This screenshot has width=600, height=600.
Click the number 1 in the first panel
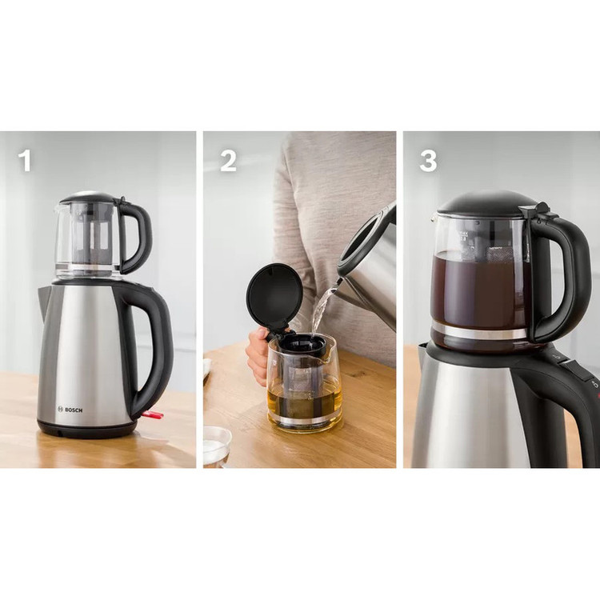[x=25, y=160]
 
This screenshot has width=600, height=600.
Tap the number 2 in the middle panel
[x=228, y=160]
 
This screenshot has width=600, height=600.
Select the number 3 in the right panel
[x=428, y=161]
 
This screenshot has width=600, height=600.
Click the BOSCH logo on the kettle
[x=70, y=410]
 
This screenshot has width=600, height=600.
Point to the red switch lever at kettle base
[x=154, y=414]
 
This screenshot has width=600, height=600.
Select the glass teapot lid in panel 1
[x=90, y=197]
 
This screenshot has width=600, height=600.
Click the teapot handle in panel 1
[x=138, y=238]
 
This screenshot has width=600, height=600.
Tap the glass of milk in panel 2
[x=217, y=448]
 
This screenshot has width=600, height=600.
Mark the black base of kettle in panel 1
[x=87, y=430]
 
